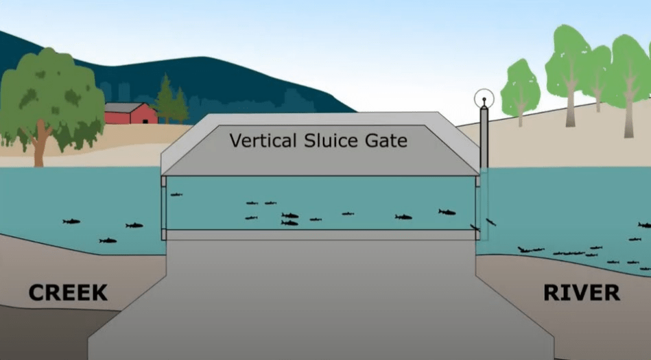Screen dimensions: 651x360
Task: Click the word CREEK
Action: (x=68, y=293)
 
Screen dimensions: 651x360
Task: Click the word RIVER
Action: (x=582, y=293)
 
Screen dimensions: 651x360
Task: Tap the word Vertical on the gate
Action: (x=263, y=141)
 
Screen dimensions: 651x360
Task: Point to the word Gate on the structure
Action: (x=386, y=141)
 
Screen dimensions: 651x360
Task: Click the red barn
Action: (x=131, y=113)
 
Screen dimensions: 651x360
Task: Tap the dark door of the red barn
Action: (x=145, y=121)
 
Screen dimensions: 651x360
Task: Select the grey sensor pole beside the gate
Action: (x=484, y=137)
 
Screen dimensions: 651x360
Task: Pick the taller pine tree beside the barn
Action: (x=165, y=99)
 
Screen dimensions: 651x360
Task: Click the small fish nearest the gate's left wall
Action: (x=176, y=194)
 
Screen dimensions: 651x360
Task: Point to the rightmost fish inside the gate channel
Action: (x=447, y=212)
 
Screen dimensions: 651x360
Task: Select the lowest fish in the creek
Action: (x=108, y=241)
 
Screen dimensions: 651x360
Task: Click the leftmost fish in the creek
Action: (x=71, y=221)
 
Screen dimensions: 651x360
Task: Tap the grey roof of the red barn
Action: (x=123, y=108)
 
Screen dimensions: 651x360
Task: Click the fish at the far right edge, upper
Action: (x=645, y=225)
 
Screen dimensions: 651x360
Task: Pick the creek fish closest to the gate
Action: (x=134, y=226)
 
